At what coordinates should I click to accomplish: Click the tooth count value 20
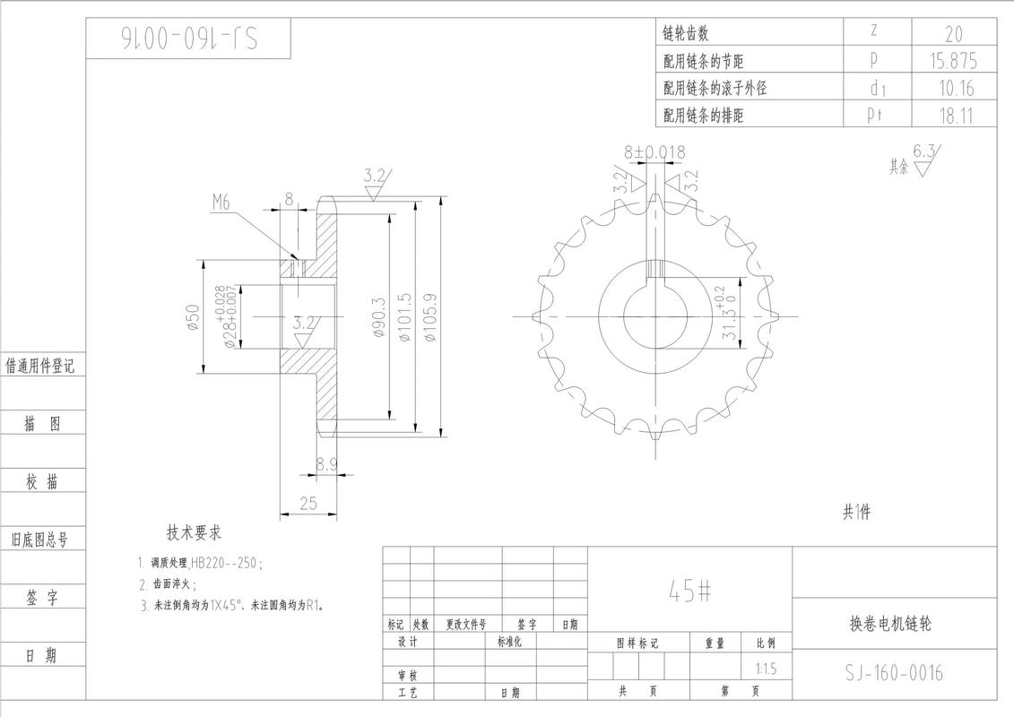coord(954,34)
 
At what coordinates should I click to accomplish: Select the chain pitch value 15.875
coord(954,61)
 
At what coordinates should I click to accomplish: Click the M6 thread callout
coord(221,203)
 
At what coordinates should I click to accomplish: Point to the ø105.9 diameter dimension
coord(430,317)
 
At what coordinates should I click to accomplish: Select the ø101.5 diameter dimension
coord(405,317)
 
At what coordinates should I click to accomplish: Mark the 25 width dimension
coord(308,503)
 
